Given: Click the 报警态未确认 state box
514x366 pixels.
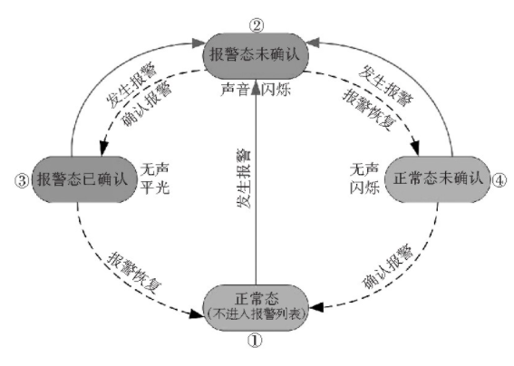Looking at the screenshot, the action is coord(256,55).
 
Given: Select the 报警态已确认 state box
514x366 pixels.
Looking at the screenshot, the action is coord(83,179).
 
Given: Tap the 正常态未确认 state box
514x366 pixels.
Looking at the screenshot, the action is coord(438,179).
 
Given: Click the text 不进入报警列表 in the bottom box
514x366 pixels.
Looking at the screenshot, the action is coord(257,314).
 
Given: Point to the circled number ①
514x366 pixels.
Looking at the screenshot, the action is coord(255,341).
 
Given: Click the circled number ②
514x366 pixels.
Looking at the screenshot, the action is coord(257,24).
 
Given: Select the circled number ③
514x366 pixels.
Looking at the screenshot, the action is coord(22,180).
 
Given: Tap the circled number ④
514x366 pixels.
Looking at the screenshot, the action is coord(499,180).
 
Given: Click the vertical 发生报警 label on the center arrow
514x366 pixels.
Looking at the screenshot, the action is coord(244,178).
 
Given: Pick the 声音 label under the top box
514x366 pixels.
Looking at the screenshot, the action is coord(235,89).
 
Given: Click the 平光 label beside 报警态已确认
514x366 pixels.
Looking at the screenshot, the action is coord(155,188).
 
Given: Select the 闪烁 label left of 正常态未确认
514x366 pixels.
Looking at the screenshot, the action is coord(364,188).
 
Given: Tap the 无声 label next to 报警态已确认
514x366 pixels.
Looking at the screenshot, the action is coord(155,169).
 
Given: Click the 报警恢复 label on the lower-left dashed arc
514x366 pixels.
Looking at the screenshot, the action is coord(134,273).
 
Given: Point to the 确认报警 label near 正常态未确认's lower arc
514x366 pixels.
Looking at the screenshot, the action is coord(387,266).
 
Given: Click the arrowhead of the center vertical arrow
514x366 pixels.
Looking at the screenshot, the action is coord(256,88).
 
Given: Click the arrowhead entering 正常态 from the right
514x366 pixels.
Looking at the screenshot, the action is coord(317,307).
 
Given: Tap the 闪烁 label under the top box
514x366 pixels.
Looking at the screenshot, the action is coord(276,89).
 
